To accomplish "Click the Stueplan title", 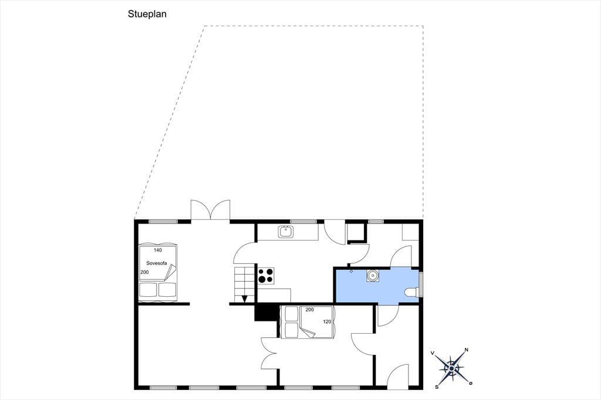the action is [147, 15].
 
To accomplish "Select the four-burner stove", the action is [266, 276].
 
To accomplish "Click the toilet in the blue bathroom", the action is [412, 292].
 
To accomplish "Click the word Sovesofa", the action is [156, 263].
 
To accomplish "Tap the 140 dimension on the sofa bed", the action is [157, 250].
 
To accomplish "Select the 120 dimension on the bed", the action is [327, 322].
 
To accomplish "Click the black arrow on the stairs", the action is [244, 299].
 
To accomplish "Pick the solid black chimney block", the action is [266, 312].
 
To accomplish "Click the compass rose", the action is [451, 368].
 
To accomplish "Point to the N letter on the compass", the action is [467, 350].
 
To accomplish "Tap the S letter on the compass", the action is [437, 387].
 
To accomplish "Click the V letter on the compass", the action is [433, 353].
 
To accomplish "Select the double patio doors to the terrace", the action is [211, 211].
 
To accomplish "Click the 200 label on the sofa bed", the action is [144, 272].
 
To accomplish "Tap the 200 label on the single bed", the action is [310, 310].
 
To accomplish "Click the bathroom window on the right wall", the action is [421, 284].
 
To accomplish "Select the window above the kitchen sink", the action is [303, 222].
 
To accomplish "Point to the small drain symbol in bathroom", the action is [351, 272].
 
